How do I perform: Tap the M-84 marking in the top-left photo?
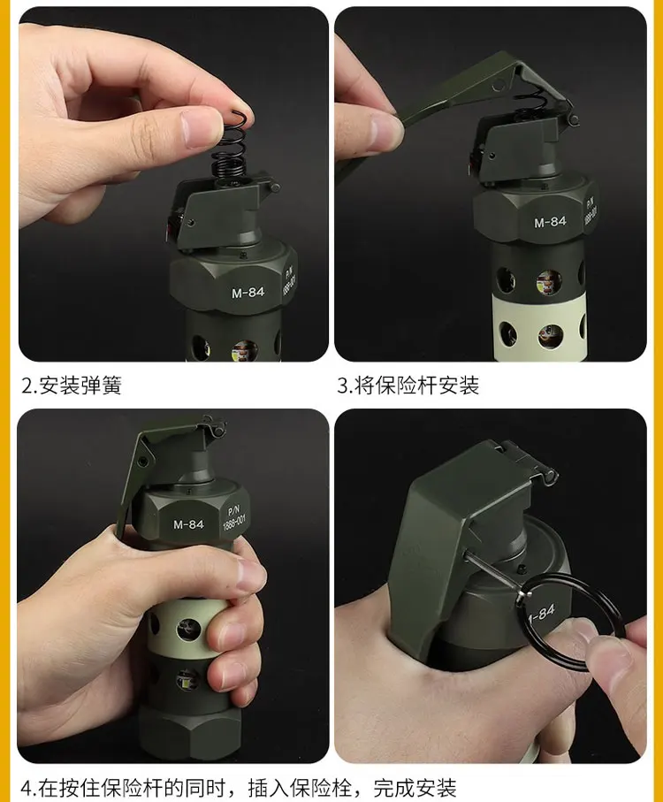(x=248, y=293)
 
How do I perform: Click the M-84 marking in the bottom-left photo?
(x=188, y=524)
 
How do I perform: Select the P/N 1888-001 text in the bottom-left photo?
(x=233, y=517)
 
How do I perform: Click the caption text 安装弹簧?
(x=80, y=386)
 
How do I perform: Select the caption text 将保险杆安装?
(x=417, y=386)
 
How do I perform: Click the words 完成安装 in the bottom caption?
(x=415, y=788)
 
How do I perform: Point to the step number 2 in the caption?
(x=27, y=386)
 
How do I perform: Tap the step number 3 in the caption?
(x=342, y=386)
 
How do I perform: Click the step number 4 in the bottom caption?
(x=27, y=788)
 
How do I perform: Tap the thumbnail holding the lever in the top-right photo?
(x=385, y=131)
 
